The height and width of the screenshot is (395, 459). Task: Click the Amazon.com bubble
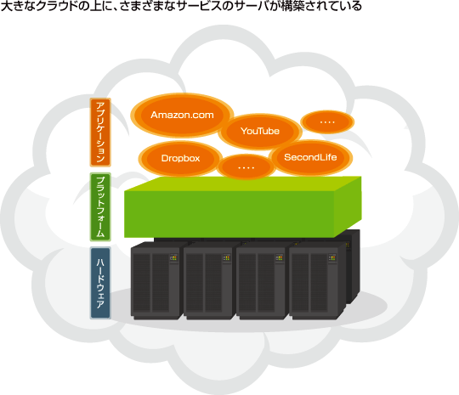click(182, 115)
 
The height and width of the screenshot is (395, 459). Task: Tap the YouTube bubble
click(260, 131)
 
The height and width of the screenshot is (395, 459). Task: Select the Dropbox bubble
click(180, 158)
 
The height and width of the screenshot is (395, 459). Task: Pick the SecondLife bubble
click(310, 157)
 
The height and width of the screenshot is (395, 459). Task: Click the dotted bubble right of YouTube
click(327, 121)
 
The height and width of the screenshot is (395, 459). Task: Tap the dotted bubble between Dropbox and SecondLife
click(246, 167)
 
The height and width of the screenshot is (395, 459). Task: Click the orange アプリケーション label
click(100, 133)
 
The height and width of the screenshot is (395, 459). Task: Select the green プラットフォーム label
click(100, 207)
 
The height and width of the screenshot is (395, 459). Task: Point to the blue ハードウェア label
click(100, 283)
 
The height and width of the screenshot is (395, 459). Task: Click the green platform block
click(242, 207)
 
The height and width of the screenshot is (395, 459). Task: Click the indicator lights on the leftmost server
click(173, 258)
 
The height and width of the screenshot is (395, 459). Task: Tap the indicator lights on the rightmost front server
click(332, 258)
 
